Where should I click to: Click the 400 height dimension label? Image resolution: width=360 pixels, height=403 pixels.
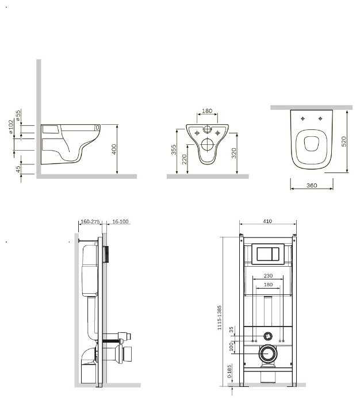point(114,149)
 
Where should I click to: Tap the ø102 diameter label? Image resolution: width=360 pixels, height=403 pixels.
point(11,126)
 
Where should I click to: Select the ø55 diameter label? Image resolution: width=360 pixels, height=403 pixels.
point(18,116)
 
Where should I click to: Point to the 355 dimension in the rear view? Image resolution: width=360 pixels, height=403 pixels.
point(174,150)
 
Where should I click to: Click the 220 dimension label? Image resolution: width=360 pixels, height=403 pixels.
point(185,159)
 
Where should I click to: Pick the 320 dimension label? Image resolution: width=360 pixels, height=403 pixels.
point(233,153)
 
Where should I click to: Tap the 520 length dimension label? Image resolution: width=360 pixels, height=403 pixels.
point(343,141)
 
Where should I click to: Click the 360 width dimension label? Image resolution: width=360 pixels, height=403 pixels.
point(312,185)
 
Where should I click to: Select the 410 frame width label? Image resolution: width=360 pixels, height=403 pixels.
point(267,221)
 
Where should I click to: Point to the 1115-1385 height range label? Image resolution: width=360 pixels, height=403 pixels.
point(219,317)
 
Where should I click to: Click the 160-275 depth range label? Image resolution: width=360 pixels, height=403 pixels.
point(90,221)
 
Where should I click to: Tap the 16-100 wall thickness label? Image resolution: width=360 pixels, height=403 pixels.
point(120,221)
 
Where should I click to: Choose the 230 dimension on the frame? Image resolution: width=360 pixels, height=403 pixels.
point(268,275)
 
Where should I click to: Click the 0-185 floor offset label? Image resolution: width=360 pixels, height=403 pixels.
point(229,371)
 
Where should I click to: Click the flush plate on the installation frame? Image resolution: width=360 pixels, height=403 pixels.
point(267,254)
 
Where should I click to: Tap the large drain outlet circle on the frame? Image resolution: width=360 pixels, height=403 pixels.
point(268,354)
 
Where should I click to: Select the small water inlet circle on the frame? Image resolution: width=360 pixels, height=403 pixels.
point(268,336)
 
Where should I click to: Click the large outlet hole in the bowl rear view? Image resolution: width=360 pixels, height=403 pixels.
point(207,144)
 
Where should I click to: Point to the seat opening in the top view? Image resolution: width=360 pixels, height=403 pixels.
point(311,143)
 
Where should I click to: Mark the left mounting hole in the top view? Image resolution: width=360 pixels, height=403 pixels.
point(303,118)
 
